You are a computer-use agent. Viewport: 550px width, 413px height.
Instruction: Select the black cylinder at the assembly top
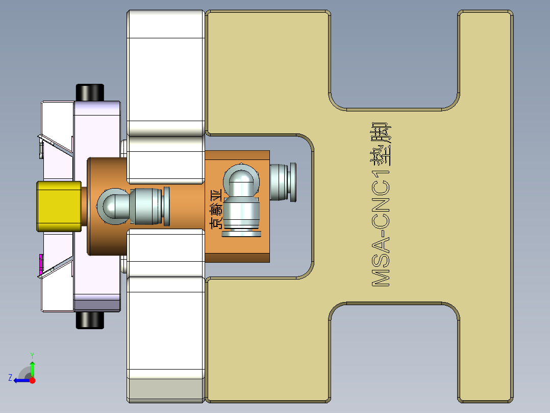(90, 92)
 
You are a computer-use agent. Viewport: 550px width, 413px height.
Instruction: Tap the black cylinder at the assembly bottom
(90, 320)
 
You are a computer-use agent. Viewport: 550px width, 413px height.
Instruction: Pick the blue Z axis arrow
(21, 380)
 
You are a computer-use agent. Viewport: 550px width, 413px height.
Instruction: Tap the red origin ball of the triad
(33, 380)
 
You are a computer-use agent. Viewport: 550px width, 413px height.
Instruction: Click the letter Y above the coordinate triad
(32, 354)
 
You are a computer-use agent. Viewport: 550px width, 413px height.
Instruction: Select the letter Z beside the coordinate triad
(10, 378)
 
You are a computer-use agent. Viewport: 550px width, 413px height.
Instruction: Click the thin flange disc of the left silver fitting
(167, 206)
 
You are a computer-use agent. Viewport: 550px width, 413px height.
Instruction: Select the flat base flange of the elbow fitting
(242, 234)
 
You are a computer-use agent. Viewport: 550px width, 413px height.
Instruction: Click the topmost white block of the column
(164, 24)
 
